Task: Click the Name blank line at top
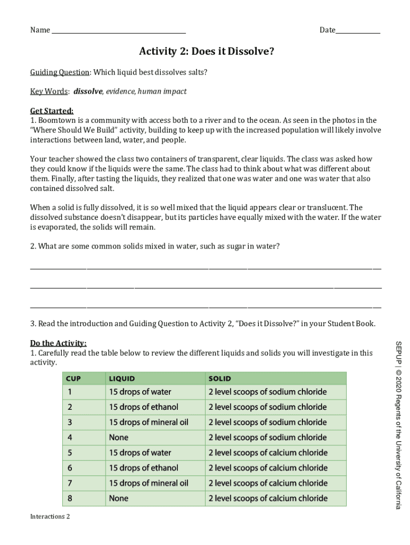[118, 31]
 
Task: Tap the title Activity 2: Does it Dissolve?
[207, 52]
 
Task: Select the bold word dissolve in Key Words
[87, 92]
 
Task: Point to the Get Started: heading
[52, 111]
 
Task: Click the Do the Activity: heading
[58, 343]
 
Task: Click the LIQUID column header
[122, 379]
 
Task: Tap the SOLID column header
[219, 379]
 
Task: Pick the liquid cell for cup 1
[140, 392]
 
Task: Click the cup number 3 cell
[69, 423]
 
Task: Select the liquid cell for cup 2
[143, 407]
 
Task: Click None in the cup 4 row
[118, 437]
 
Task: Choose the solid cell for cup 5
[267, 453]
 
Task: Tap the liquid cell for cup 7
[149, 483]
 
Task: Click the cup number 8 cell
[69, 499]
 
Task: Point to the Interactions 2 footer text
[50, 517]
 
